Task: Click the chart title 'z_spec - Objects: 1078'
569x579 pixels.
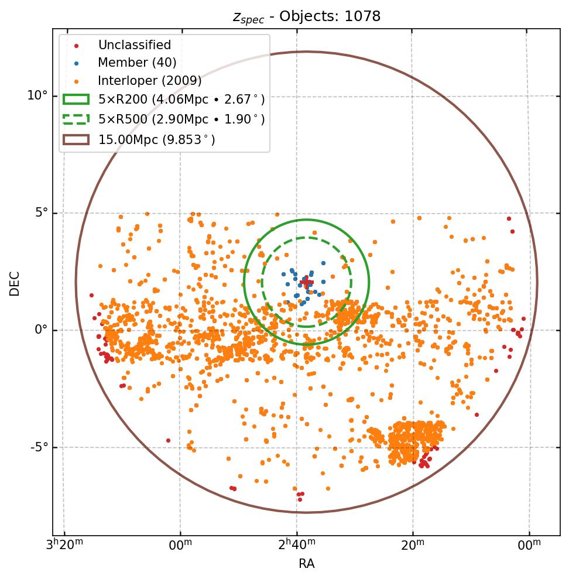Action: (306, 16)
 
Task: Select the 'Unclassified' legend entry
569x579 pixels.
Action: (134, 45)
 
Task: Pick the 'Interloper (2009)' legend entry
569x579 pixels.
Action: (150, 81)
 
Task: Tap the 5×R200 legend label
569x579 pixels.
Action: (181, 100)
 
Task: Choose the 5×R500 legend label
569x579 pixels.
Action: (181, 119)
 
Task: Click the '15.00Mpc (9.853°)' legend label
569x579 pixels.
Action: (156, 139)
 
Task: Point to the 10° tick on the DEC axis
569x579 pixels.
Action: (37, 95)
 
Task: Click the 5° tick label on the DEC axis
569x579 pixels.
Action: (41, 213)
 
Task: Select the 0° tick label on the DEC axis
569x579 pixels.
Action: (41, 330)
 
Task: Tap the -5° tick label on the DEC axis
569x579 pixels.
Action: (39, 447)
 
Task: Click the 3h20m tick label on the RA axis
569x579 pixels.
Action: (64, 545)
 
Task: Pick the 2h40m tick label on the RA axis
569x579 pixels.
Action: (296, 545)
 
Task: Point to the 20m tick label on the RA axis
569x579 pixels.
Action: (413, 545)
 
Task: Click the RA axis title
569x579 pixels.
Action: (306, 563)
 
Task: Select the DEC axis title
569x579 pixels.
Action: (15, 283)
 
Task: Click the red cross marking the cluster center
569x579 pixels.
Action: (306, 282)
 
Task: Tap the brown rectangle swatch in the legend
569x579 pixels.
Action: (76, 139)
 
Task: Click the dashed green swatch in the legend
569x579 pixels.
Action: (76, 119)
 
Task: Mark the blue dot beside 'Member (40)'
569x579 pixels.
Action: (76, 63)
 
